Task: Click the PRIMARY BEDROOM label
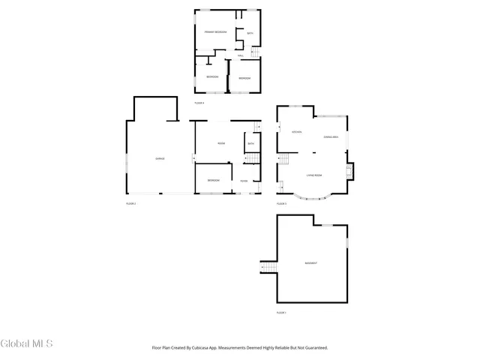(216, 31)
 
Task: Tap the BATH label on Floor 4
(250, 33)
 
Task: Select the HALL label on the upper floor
(240, 56)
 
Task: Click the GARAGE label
(160, 159)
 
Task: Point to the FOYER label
(244, 181)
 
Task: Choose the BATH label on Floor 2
(250, 144)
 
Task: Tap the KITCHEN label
(296, 132)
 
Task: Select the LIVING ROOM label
(314, 175)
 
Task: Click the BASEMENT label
(310, 263)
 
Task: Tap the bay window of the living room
(314, 197)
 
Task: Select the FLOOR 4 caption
(199, 102)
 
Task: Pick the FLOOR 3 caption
(281, 203)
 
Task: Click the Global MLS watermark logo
(27, 344)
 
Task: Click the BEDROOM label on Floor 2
(214, 181)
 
